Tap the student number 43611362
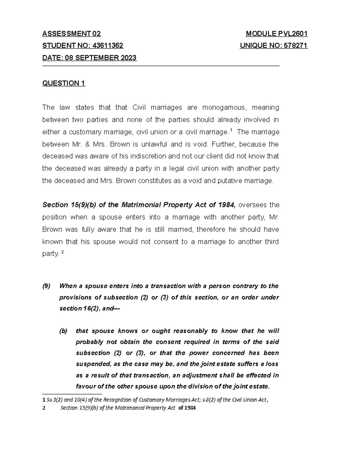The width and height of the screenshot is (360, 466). click(108, 46)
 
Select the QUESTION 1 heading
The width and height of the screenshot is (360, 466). click(64, 83)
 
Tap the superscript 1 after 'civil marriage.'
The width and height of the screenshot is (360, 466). click(231, 130)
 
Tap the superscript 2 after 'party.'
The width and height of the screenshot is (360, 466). click(62, 252)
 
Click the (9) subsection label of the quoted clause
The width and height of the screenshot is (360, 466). click(46, 286)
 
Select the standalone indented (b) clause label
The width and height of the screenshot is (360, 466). click(63, 331)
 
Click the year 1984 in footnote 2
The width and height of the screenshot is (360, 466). click(190, 408)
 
